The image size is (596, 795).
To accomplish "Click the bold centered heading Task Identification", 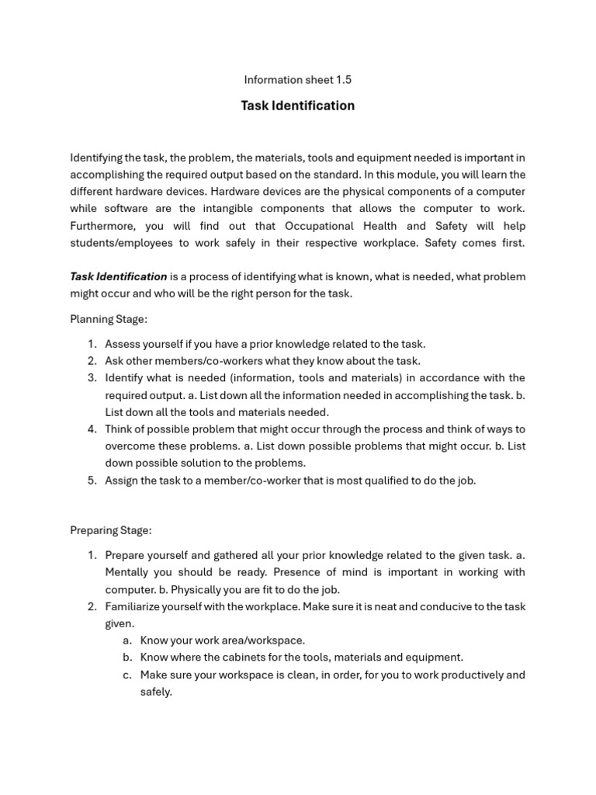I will (x=297, y=106).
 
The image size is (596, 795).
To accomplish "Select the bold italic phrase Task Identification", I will (x=118, y=276).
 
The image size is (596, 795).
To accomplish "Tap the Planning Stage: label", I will (x=109, y=318).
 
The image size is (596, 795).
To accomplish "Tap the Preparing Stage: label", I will (x=111, y=530).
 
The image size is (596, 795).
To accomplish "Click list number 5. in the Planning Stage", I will (x=92, y=480).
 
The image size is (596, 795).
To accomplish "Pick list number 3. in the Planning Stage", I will (x=92, y=378).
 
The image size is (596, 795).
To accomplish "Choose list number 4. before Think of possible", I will (x=92, y=429).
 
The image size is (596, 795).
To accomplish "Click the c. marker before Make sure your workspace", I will (x=126, y=675).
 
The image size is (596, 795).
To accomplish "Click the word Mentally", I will (x=129, y=572).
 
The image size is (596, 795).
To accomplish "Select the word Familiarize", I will (x=133, y=606).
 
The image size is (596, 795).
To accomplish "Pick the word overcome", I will (x=130, y=446).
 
